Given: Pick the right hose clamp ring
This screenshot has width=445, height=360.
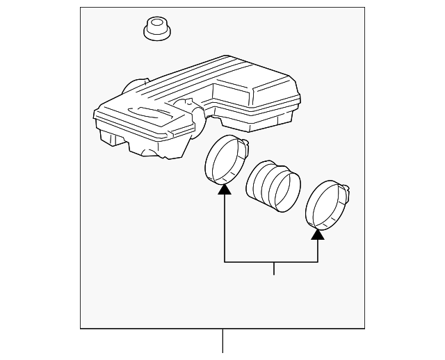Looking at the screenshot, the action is pyautogui.click(x=325, y=204).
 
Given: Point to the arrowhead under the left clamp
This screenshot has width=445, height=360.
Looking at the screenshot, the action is pyautogui.click(x=224, y=189).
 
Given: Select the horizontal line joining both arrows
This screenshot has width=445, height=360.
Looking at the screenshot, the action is pyautogui.click(x=271, y=262).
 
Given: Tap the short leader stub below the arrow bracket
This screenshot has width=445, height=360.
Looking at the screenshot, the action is pyautogui.click(x=274, y=268).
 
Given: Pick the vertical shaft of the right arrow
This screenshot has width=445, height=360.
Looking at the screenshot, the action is pyautogui.click(x=318, y=250).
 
